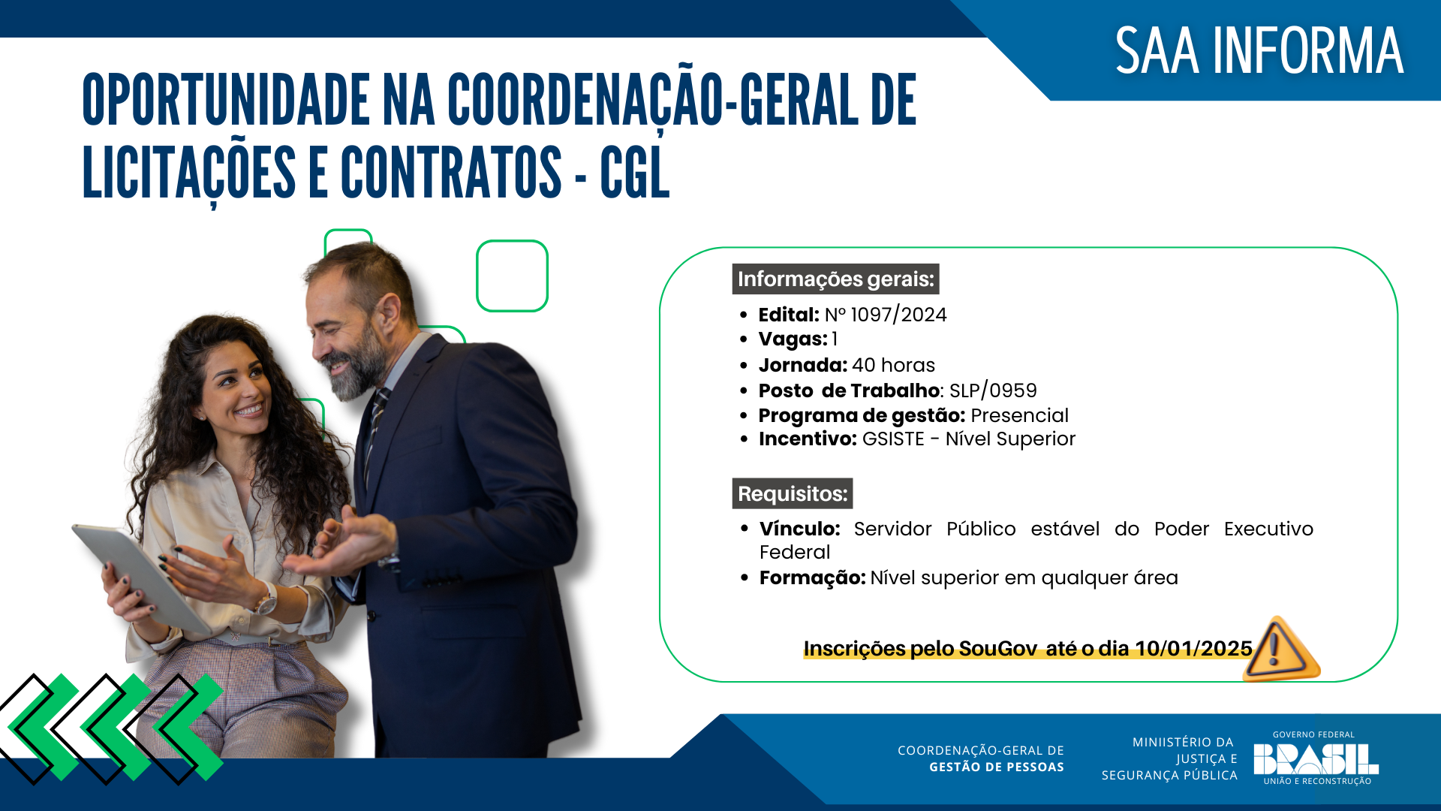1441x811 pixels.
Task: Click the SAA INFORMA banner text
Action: point(1259,51)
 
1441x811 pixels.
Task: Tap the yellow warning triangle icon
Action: point(1282,649)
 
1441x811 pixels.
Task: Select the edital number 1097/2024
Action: point(898,315)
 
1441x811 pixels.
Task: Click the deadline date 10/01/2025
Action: point(1193,648)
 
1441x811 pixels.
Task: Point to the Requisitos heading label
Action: point(793,493)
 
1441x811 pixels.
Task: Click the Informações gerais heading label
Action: point(835,279)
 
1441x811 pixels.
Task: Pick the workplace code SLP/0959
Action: point(993,390)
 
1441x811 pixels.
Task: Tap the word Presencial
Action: point(1019,415)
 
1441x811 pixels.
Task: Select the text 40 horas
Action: point(893,365)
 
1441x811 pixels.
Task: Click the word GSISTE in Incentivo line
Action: point(893,439)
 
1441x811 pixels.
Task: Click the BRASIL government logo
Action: point(1316,758)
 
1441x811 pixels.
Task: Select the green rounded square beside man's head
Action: point(512,276)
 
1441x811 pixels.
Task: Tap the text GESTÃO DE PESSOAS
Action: point(996,767)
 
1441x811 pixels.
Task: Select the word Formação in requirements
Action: point(812,577)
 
